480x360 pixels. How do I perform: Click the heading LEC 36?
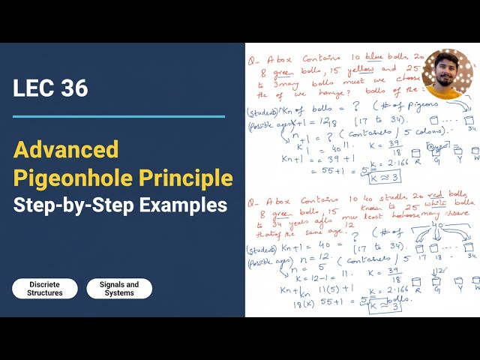point(50,88)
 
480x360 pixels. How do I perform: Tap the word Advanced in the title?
point(66,149)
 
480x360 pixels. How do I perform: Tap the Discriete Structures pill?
point(45,289)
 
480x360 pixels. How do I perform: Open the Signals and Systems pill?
point(119,289)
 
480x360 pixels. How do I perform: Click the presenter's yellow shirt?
point(448,93)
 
